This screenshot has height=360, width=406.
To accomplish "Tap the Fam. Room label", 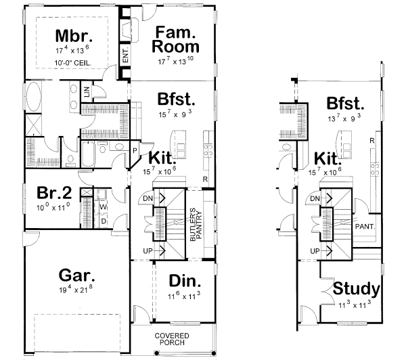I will [x=176, y=40].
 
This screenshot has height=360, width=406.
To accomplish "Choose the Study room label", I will [x=356, y=290].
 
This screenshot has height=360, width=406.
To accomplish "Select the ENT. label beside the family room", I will [x=126, y=55].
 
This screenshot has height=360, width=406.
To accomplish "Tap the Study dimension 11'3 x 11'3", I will [x=356, y=305].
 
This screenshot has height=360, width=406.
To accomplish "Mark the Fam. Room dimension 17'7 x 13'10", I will [x=176, y=61].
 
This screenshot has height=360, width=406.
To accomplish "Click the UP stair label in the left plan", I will [x=148, y=250].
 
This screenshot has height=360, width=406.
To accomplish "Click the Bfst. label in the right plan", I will [x=345, y=104].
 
